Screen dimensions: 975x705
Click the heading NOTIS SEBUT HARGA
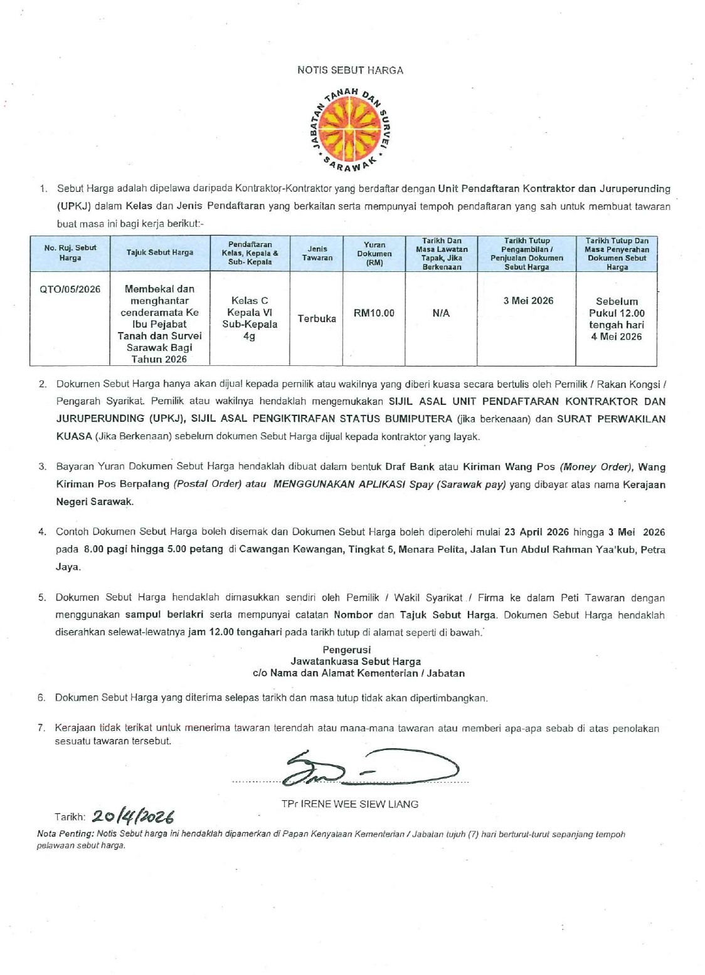click(x=350, y=70)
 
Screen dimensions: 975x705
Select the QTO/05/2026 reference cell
click(x=70, y=289)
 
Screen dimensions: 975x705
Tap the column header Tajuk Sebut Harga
click(x=160, y=253)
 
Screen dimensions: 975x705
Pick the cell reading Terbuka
click(x=317, y=318)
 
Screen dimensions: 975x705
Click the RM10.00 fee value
click(x=374, y=313)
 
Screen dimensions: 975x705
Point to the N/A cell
click(x=441, y=313)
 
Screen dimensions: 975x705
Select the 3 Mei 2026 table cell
click(x=528, y=301)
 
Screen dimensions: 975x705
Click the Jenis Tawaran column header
click(x=317, y=253)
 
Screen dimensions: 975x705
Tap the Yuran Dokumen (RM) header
click(x=374, y=254)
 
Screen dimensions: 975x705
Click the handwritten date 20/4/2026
click(x=132, y=816)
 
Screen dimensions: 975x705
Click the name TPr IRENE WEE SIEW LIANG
click(x=349, y=804)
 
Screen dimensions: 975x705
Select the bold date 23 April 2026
click(x=536, y=532)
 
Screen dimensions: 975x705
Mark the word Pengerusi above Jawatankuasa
click(x=346, y=650)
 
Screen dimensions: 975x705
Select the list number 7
click(x=41, y=728)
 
